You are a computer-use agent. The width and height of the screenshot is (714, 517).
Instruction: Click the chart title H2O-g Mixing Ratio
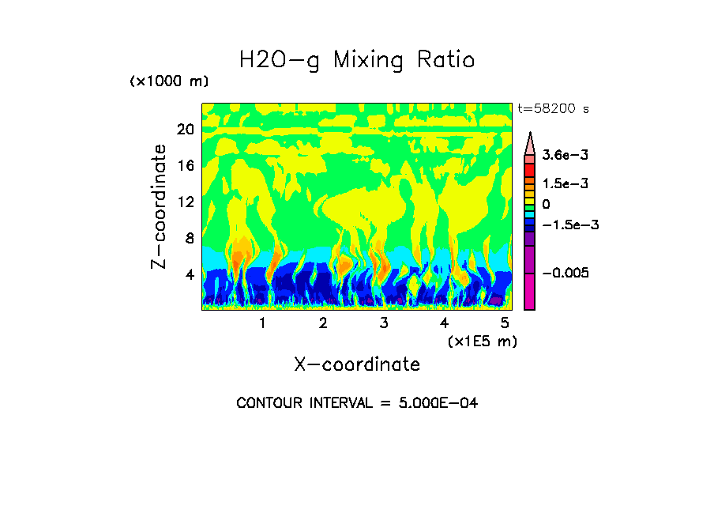coord(357,60)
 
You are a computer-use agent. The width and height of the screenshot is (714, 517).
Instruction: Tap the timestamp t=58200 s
coord(553,108)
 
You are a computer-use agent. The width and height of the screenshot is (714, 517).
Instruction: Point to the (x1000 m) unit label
coord(169,81)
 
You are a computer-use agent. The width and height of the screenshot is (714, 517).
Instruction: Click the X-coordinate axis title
coord(357,364)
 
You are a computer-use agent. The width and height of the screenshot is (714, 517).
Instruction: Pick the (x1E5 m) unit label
coord(482,342)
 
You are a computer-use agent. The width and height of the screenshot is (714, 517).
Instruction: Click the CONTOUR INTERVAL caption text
coord(357,403)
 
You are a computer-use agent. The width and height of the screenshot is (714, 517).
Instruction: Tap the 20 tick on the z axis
coord(186,130)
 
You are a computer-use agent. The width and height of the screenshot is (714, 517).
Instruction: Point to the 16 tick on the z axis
coord(186,166)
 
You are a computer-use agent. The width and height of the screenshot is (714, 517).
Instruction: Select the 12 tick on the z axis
coord(186,202)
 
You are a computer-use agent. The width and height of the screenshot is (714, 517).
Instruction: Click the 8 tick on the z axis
coord(190,239)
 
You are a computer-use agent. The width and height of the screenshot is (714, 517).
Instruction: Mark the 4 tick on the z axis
coord(190,275)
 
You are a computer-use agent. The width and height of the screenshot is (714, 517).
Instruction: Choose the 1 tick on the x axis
coord(262,323)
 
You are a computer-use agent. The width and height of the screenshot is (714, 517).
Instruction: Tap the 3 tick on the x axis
coord(384,323)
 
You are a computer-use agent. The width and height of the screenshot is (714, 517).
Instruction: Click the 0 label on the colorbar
coord(547,204)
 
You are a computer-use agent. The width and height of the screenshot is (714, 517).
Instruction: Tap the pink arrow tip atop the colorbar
coord(530,142)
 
